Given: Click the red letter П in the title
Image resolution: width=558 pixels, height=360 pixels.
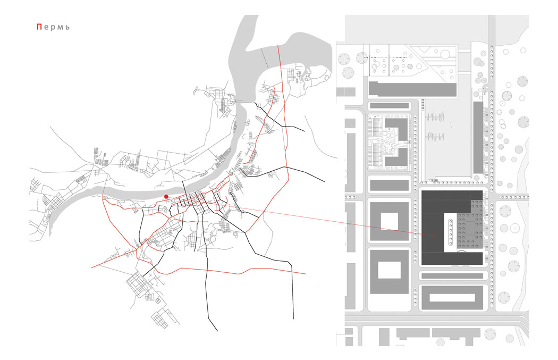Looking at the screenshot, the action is [x=39, y=27].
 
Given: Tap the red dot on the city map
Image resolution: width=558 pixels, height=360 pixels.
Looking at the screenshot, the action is [x=166, y=197].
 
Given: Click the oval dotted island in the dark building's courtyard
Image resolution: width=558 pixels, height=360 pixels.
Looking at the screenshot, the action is [x=451, y=233].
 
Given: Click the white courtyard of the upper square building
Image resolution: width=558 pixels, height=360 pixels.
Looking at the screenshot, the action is [x=390, y=221].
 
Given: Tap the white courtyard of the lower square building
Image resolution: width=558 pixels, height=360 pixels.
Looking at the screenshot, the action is [x=390, y=270].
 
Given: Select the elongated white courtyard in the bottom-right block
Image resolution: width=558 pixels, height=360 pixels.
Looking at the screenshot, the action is [x=452, y=298].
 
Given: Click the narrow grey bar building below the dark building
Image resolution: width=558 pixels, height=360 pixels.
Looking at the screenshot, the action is [x=452, y=276].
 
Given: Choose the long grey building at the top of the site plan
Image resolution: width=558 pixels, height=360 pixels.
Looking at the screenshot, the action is [x=412, y=89].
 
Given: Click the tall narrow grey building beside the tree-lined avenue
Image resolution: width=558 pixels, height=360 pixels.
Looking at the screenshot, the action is [x=478, y=138].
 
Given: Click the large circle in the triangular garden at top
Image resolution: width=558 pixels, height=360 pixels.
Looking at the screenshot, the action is [x=445, y=54].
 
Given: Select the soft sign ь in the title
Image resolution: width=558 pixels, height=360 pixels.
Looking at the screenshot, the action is [x=67, y=28].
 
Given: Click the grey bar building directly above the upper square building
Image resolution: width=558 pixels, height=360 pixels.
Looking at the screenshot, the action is [x=390, y=185].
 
